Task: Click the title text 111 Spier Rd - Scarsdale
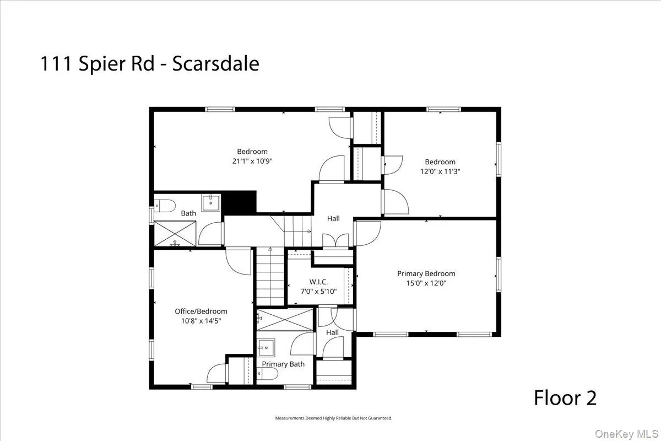(x=149, y=64)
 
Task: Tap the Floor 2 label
(x=565, y=397)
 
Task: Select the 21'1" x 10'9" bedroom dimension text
(x=252, y=161)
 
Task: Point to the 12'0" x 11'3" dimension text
(x=440, y=171)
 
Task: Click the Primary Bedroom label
(x=426, y=273)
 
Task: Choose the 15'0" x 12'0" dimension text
(x=426, y=283)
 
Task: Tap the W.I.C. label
(x=319, y=281)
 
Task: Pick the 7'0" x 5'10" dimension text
(x=319, y=291)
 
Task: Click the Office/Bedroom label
(x=201, y=311)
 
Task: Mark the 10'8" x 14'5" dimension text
(x=201, y=320)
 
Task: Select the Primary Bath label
(x=283, y=364)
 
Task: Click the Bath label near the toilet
(x=188, y=213)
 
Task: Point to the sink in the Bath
(x=210, y=202)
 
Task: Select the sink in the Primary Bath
(x=267, y=348)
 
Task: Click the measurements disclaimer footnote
(x=334, y=418)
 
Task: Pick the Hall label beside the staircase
(x=333, y=219)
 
